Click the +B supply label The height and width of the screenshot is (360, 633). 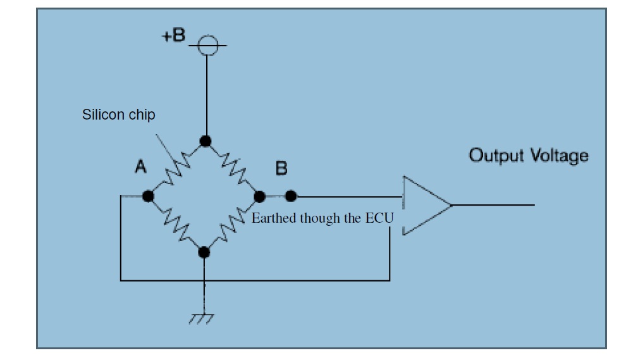point(173,35)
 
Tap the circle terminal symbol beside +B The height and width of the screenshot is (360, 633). point(207,46)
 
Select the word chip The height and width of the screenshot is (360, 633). point(142,116)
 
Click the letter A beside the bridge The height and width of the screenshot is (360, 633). point(140,168)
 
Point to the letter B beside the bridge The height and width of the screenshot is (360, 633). point(281,169)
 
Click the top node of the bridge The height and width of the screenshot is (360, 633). point(206,141)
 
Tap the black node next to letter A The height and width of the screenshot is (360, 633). point(148,196)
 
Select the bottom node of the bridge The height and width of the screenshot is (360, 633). point(204,252)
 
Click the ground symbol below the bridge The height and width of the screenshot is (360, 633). point(202,317)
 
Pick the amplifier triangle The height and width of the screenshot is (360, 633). point(422,206)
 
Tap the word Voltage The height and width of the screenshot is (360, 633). point(558,156)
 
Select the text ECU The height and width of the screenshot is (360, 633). point(379,218)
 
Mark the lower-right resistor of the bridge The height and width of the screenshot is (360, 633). point(231,225)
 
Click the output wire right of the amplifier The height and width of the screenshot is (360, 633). point(493,205)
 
